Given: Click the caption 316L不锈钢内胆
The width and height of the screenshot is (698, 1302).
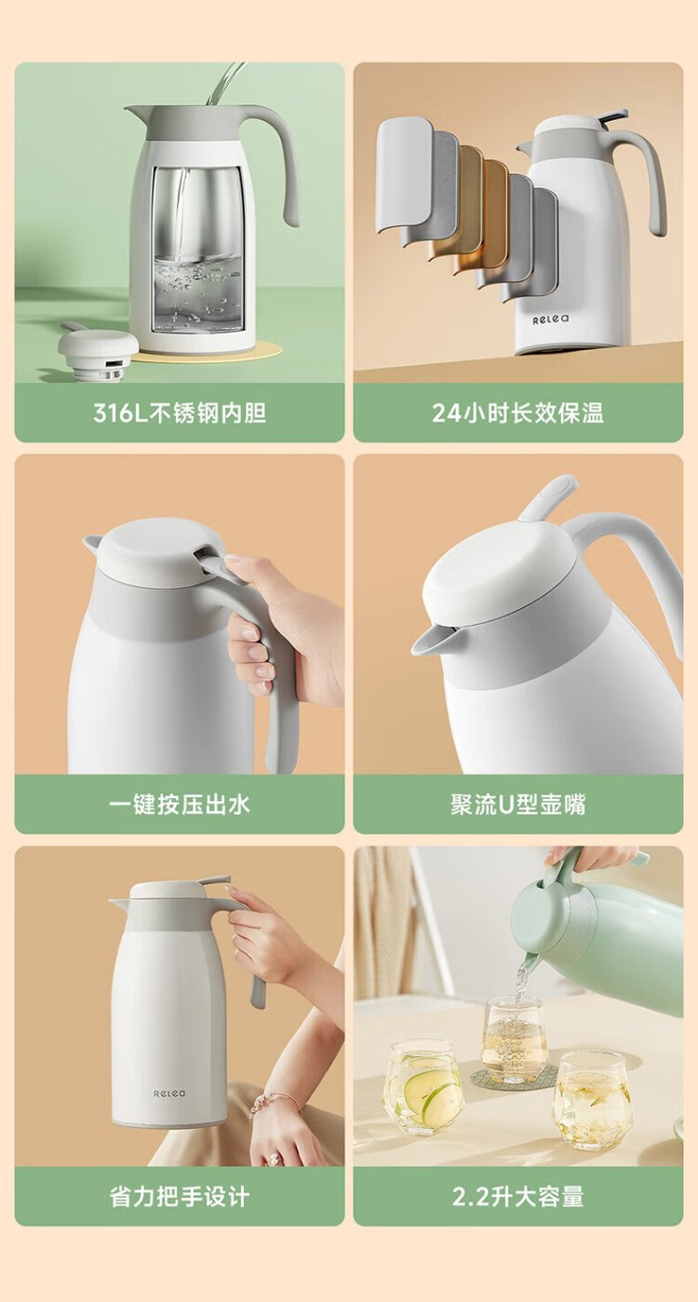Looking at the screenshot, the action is pos(180,413).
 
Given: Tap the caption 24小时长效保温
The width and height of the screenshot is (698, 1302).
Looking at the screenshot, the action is pos(518,413).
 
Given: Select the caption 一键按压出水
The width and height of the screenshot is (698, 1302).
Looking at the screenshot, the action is pos(180,805).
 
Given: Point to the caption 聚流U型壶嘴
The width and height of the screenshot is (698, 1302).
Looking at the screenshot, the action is pos(518,805).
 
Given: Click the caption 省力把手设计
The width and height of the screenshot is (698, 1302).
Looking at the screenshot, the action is pos(180,1197).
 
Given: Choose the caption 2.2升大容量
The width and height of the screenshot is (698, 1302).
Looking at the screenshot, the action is pos(518,1197).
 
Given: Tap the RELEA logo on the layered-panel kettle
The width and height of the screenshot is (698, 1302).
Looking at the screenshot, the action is pos(551,319).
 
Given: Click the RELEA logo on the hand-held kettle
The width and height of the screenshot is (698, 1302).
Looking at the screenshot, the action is pos(169,1093).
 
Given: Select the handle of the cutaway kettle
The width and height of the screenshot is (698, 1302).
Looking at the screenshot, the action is pos(282,157).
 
